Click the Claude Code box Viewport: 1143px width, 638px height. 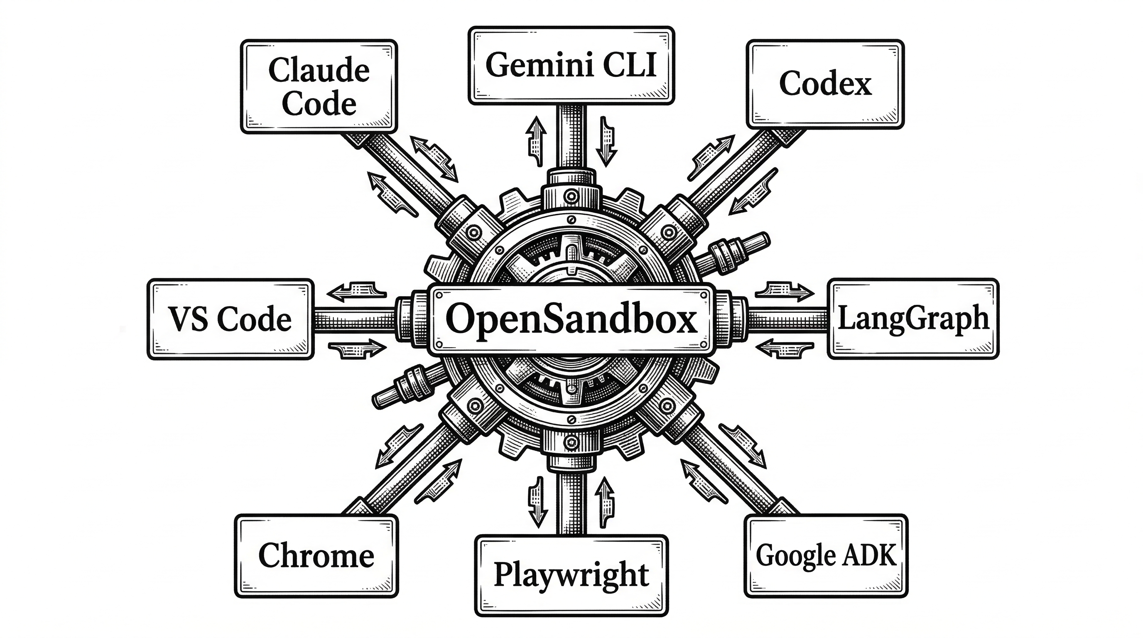coord(319,86)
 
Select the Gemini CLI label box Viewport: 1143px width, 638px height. coord(571,66)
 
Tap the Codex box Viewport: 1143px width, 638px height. coord(825,84)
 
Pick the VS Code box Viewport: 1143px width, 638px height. coord(230,319)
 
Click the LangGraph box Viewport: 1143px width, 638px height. coord(913,319)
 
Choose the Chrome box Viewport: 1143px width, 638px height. coord(316,556)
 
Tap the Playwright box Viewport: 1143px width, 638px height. coord(571,575)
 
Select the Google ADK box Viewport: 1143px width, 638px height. coord(826,556)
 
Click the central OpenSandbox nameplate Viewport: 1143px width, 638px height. coord(571,319)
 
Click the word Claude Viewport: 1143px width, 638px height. coord(319,70)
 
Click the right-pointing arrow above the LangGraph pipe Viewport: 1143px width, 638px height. coord(785,291)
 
